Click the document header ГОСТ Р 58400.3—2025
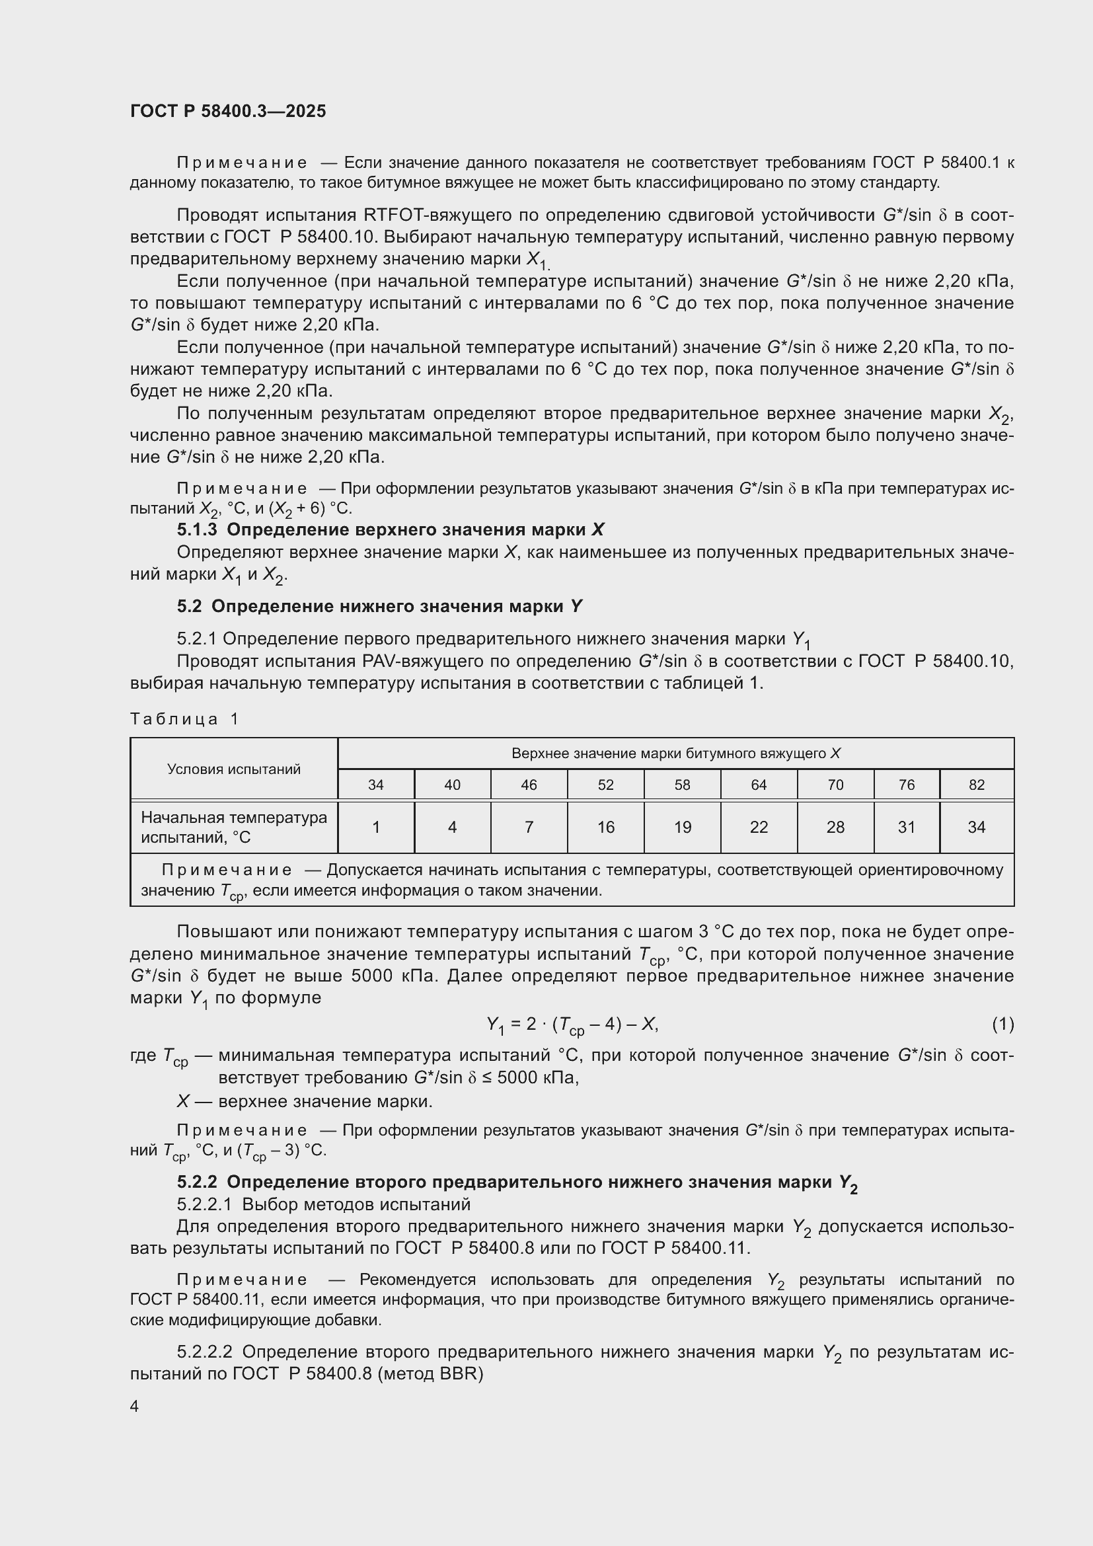pos(227,111)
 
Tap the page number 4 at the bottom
pos(135,1406)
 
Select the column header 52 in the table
pos(605,785)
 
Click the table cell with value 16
pos(605,827)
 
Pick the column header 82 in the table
pos(976,785)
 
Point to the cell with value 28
pos(835,827)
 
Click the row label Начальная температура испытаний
pos(233,827)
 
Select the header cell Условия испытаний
pos(233,769)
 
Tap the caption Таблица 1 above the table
pos(184,719)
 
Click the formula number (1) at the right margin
pos(1002,1024)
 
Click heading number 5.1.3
pos(196,530)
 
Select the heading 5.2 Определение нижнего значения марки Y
pos(379,607)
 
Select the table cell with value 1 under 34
pos(375,827)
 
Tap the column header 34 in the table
pos(375,785)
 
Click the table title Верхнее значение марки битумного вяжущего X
pos(676,754)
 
